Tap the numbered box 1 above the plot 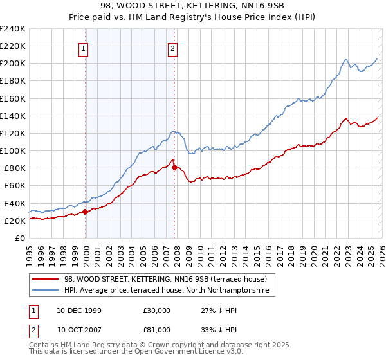tap(85, 46)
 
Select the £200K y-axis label tap(12, 64)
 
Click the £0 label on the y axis tap(19, 238)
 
